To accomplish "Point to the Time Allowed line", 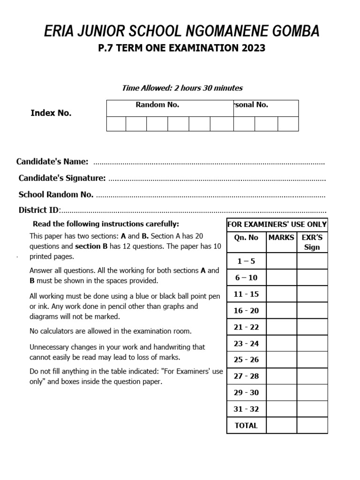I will (182, 88).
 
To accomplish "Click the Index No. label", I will (51, 113).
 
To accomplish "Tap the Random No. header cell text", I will (157, 105).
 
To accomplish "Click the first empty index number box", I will (116, 124).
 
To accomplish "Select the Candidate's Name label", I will (52, 162).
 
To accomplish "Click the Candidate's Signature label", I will (62, 178).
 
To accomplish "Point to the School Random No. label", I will (56, 195).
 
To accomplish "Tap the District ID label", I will (39, 210).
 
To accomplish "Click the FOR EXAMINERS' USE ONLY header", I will (277, 225).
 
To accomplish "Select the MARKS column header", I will (281, 238).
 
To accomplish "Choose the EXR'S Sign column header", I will (312, 242).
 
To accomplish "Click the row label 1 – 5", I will (246, 261).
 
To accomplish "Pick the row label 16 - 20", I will (246, 310).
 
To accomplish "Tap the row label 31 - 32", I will (246, 409).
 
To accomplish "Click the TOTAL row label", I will (246, 426).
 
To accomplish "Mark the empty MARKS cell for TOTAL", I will (281, 426).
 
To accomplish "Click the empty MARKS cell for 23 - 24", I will (281, 343).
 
